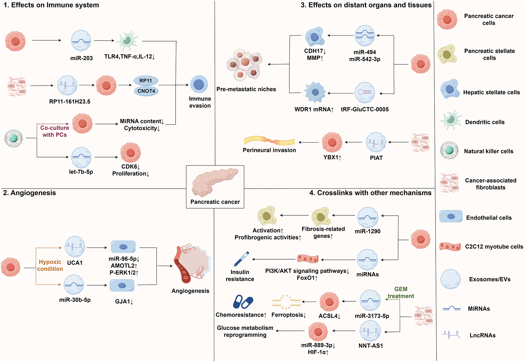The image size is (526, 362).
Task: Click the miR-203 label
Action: click(81, 58)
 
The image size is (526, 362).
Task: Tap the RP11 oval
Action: click(146, 81)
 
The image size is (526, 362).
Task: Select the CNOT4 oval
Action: click(146, 91)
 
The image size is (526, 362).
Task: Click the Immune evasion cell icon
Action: click(199, 84)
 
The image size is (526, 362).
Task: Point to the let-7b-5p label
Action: click(81, 172)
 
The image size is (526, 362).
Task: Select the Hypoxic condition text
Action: click(50, 265)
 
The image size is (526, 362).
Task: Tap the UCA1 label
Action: click(75, 263)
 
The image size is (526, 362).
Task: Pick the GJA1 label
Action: click(124, 302)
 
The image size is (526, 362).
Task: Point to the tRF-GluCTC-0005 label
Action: click(364, 109)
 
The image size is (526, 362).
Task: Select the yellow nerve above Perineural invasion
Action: click(269, 141)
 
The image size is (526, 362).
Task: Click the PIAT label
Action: click(376, 158)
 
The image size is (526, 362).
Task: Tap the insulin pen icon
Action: click(241, 259)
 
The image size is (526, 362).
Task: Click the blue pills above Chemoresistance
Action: click(243, 302)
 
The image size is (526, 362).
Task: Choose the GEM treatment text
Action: click(401, 293)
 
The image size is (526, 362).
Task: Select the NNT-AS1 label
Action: click(371, 346)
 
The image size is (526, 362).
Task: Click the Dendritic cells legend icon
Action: click(450, 120)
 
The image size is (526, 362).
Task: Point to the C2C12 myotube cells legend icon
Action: click(450, 246)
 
